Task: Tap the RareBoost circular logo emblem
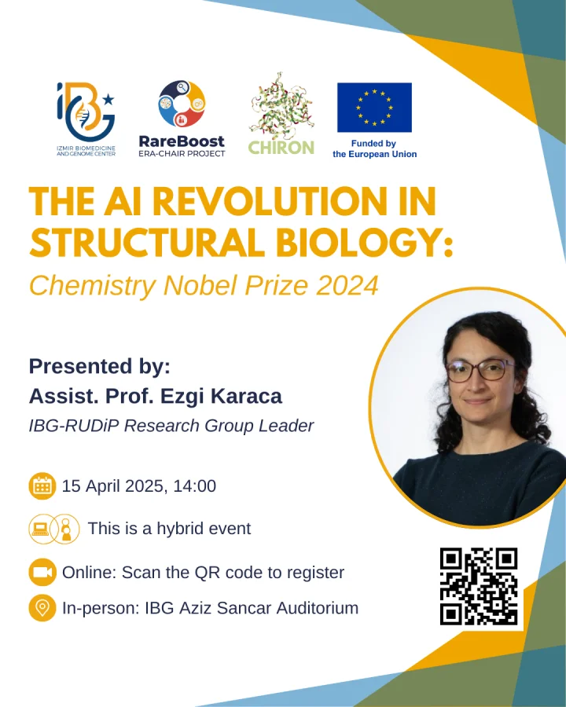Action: click(x=182, y=104)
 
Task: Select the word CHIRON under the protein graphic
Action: click(x=281, y=148)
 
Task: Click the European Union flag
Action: click(x=375, y=108)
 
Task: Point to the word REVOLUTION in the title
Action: click(x=270, y=202)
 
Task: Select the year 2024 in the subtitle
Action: click(x=347, y=286)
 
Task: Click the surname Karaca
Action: click(x=246, y=397)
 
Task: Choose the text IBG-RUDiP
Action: click(x=74, y=426)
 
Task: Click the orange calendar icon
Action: click(x=42, y=486)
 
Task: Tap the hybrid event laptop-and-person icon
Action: click(x=54, y=529)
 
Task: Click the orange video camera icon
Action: click(x=42, y=572)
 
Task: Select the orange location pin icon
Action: click(x=42, y=608)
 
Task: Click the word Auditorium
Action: click(x=318, y=608)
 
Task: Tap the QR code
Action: click(x=479, y=587)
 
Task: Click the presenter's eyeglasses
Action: click(x=480, y=370)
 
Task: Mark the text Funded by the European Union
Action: click(x=375, y=148)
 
